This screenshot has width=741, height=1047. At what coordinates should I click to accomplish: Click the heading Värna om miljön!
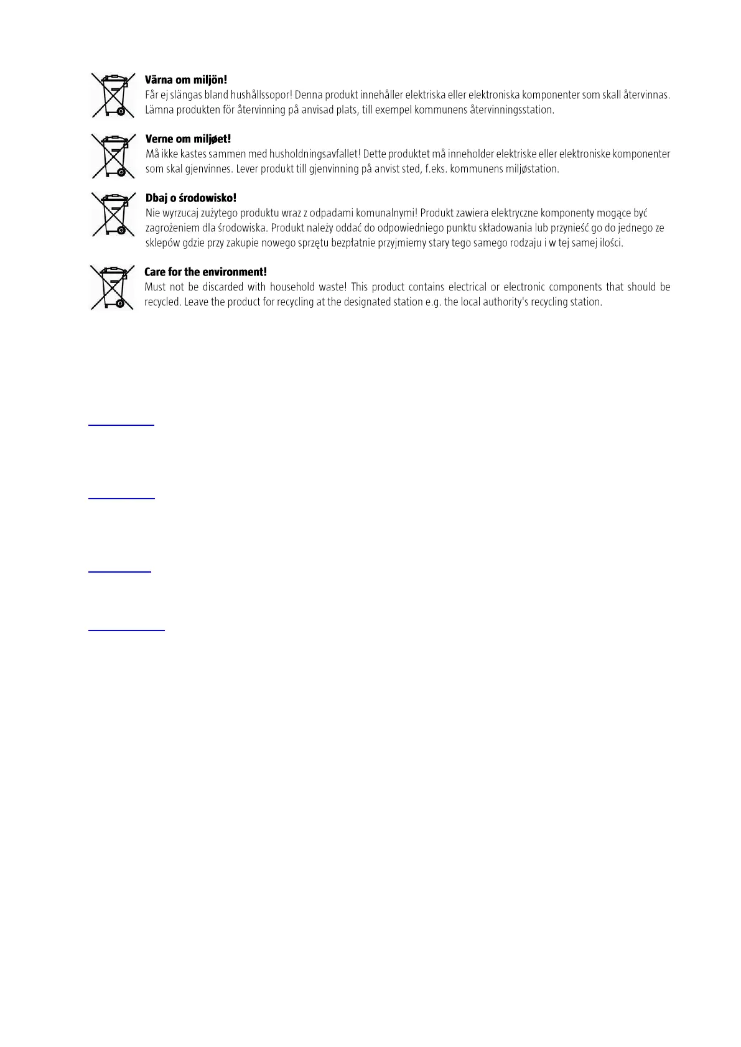click(x=186, y=80)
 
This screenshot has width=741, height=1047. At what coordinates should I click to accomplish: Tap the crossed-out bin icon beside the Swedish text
click(x=113, y=95)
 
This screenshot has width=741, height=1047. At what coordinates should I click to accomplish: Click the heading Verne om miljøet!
click(x=188, y=139)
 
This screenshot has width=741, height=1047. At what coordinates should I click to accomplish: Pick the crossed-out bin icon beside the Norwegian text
click(x=113, y=155)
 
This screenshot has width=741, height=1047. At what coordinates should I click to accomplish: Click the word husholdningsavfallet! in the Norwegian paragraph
click(x=315, y=154)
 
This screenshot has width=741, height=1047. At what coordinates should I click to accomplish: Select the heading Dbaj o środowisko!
click(x=190, y=198)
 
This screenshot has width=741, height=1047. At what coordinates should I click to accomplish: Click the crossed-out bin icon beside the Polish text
click(x=113, y=214)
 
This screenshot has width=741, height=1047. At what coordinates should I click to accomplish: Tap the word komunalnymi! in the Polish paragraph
click(x=386, y=213)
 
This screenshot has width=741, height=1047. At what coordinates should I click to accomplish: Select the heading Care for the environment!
click(x=205, y=272)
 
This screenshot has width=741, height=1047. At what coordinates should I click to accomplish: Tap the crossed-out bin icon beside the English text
click(x=113, y=287)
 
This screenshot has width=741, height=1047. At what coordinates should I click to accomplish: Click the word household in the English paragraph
click(x=292, y=287)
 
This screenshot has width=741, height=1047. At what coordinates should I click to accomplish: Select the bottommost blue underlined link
click(x=126, y=630)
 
